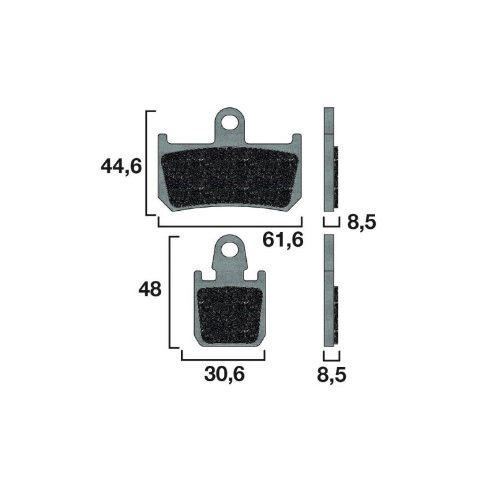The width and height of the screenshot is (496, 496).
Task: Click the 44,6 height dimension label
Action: (122, 166)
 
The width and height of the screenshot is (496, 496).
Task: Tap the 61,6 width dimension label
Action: (283, 239)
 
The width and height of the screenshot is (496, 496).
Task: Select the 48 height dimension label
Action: (150, 289)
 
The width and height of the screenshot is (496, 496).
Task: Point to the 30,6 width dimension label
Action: (224, 374)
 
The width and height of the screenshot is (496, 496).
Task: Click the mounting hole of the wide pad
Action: (231, 121)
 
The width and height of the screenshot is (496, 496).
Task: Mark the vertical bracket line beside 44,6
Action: (146, 163)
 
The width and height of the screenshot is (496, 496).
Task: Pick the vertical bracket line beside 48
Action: (170, 291)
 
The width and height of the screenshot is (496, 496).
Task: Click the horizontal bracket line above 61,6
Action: (229, 226)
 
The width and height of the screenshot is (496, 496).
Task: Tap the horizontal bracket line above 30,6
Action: (223, 358)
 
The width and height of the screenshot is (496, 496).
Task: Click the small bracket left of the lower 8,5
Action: (332, 357)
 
